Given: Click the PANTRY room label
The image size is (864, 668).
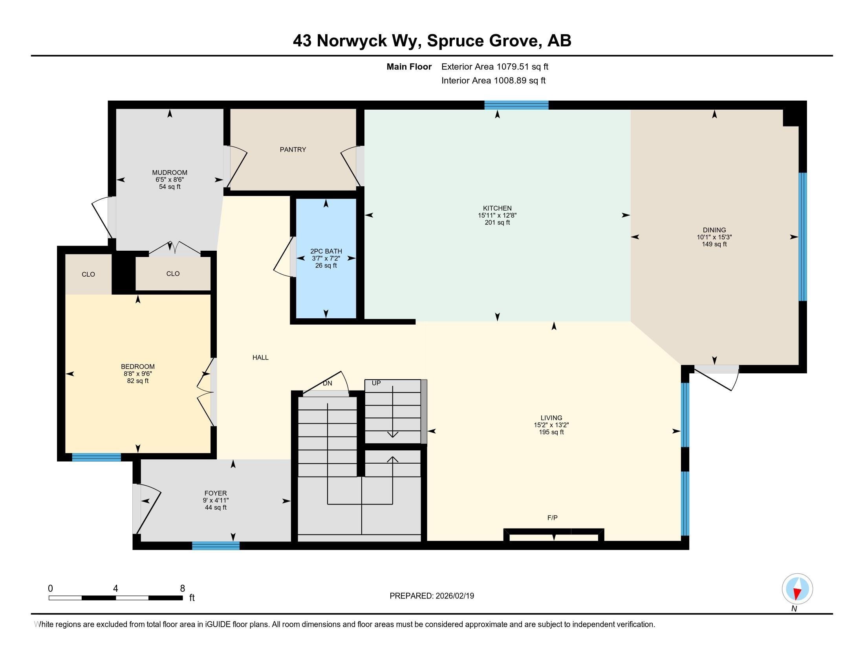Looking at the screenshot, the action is click(293, 150).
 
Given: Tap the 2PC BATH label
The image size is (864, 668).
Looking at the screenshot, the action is click(326, 251).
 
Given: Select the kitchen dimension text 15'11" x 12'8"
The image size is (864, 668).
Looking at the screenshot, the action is click(497, 215).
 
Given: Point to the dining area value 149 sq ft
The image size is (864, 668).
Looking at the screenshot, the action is click(714, 244).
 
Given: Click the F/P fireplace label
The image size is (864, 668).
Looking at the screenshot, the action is click(552, 518).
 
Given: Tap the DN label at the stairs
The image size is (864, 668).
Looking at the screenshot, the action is click(327, 383).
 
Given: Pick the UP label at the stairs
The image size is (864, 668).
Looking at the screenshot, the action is click(376, 383).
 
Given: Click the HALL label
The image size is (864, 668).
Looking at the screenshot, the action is click(260, 357).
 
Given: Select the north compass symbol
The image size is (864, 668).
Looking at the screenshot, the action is click(797, 589).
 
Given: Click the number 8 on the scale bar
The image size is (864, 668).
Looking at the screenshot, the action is click(182, 589).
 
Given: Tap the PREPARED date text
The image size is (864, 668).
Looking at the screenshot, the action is click(432, 596).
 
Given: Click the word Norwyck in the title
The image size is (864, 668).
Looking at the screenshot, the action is click(352, 41).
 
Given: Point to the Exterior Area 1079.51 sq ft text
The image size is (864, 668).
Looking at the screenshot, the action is click(495, 66).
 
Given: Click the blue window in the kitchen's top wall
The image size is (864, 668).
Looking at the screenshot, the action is click(516, 105).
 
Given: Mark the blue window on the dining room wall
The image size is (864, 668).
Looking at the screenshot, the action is click(803, 237).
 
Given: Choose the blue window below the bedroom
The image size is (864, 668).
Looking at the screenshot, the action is click(96, 457).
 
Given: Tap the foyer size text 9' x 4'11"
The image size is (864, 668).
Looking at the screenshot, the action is click(216, 500).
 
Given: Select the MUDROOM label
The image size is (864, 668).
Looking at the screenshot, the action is click(170, 173).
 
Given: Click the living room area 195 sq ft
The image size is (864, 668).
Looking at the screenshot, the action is click(551, 432).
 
